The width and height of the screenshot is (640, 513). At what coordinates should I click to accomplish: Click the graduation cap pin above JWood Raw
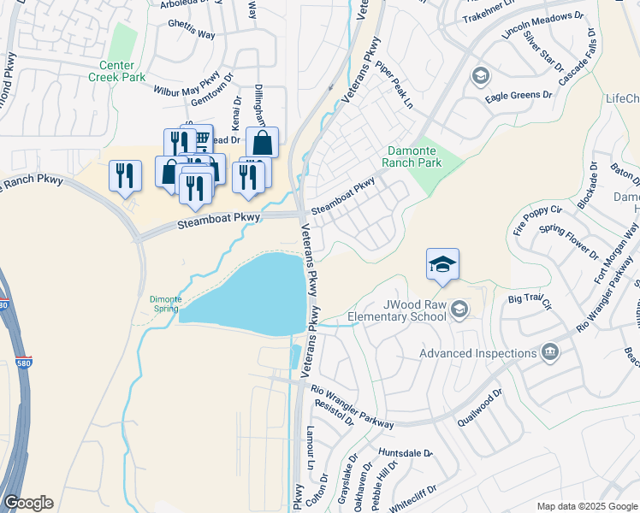pyautogui.click(x=442, y=264)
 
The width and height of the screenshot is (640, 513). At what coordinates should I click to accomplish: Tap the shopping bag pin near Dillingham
pyautogui.click(x=262, y=143)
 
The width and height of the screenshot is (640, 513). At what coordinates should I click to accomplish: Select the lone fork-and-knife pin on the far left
pyautogui.click(x=126, y=175)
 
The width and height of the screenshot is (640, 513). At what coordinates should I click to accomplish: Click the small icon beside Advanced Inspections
pyautogui.click(x=550, y=352)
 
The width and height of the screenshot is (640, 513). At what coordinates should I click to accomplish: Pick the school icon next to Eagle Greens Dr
pyautogui.click(x=479, y=77)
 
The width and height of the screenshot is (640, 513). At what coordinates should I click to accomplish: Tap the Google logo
pyautogui.click(x=28, y=503)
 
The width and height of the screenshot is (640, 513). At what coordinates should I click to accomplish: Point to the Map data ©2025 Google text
pyautogui.click(x=587, y=506)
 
